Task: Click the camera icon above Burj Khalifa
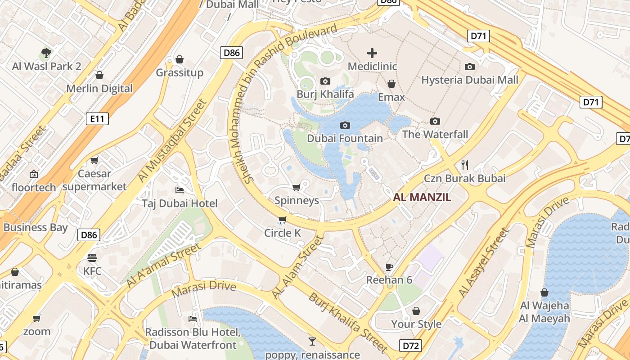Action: pos(325,81)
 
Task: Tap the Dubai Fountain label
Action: pos(345,138)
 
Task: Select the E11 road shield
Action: pos(97,119)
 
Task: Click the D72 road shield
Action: pos(410,346)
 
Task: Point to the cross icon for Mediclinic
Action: pos(372,53)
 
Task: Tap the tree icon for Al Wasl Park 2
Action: pos(46,53)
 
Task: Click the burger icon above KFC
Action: pos(92,258)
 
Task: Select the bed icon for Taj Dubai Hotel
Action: pos(179,190)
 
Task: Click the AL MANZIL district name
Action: pos(422,197)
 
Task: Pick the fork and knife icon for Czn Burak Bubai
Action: pos(465,165)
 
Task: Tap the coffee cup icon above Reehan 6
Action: pos(389,267)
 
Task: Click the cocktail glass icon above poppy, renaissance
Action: pos(312,341)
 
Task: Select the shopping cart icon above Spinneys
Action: pos(296,187)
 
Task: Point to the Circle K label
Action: pos(282,233)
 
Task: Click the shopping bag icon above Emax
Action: pos(391,84)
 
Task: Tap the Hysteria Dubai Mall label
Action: pos(470,80)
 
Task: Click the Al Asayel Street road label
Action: pos(483,264)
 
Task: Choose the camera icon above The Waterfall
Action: pos(435,121)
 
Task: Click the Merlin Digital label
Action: pos(99,89)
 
